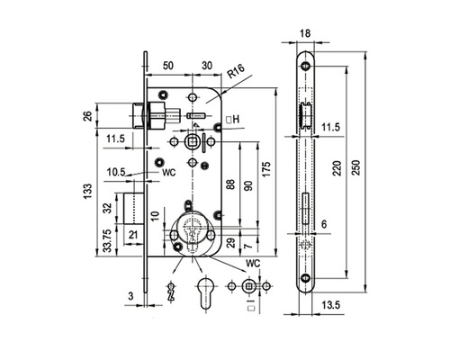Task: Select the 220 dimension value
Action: tap(337, 168)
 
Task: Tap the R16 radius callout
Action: tap(236, 71)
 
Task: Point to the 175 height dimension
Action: tap(265, 169)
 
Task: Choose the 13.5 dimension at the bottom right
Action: tap(331, 305)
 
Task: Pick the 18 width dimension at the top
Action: tap(305, 33)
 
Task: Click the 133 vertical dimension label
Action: tap(87, 192)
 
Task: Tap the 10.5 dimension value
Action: tap(116, 172)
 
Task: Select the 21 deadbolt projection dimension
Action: tap(133, 235)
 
